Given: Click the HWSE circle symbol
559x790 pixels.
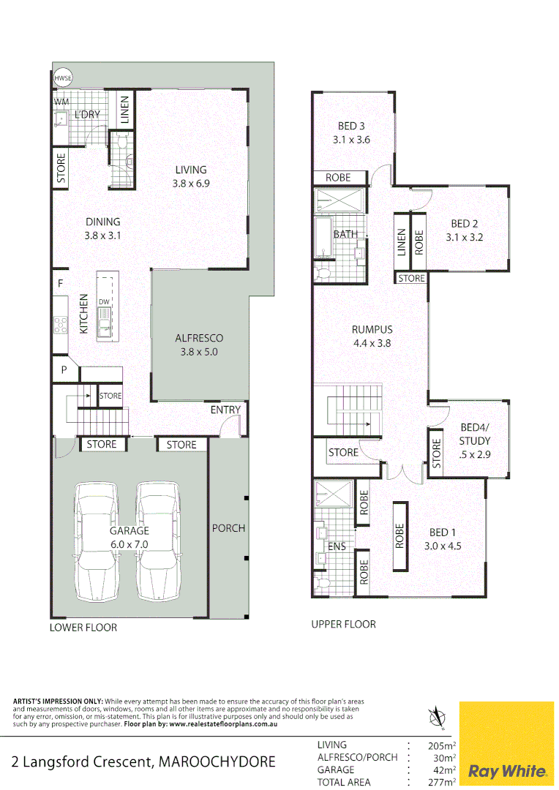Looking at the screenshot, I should tap(63, 78).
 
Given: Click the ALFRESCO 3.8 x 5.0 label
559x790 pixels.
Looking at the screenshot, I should tap(199, 345).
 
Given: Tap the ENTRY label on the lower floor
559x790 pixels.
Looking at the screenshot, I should tap(225, 410).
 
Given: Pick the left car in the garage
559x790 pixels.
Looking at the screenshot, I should tap(97, 541).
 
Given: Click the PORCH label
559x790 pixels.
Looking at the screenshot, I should tap(228, 528).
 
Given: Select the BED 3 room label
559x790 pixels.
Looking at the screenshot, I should tap(351, 133).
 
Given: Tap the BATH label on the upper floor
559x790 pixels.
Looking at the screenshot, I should tap(345, 235).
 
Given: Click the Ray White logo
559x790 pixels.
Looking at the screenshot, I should tap(507, 771).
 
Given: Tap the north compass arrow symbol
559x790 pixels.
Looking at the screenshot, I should tap(438, 717).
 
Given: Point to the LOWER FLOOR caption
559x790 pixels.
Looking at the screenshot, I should tap(83, 628).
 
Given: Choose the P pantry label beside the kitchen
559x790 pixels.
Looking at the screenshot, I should tap(64, 370).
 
